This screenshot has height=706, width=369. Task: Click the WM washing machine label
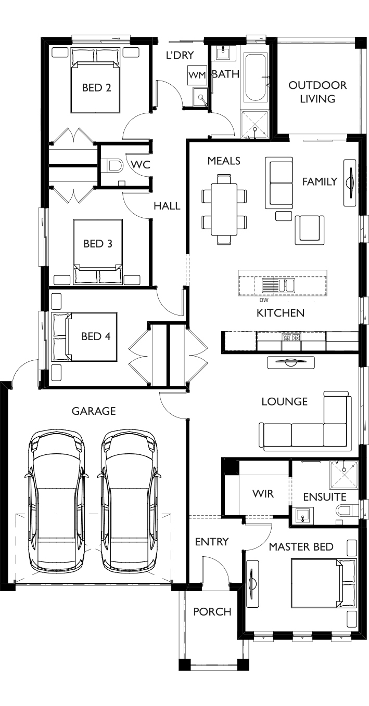pos(197,75)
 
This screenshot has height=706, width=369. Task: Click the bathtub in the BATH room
pos(255,77)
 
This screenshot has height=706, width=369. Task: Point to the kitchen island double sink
pos(279,284)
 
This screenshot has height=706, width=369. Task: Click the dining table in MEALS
pos(224,210)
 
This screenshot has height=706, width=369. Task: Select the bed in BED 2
pos(96,81)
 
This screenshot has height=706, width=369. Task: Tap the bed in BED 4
pos(85,336)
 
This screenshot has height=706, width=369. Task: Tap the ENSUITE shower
pos(343,475)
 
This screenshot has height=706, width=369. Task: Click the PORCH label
pos(212,612)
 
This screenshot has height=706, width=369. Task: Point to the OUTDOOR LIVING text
pos(317,92)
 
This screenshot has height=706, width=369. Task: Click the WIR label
pos(263,493)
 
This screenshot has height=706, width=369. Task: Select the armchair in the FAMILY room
pos(310,230)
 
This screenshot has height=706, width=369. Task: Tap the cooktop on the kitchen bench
pos(291,337)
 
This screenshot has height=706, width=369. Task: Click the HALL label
pos(167,206)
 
